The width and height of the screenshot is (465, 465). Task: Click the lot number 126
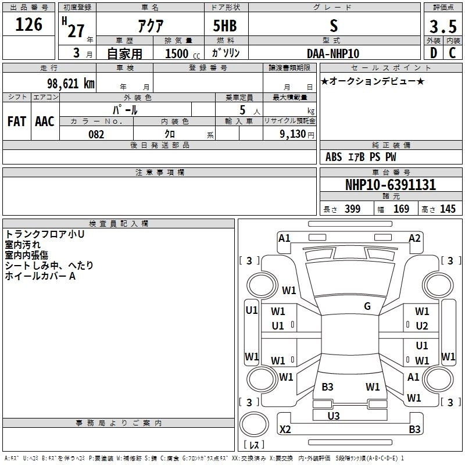pyautogui.click(x=28, y=24)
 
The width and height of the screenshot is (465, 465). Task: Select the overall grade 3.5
pyautogui.click(x=443, y=26)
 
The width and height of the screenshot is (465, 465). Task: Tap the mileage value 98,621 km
pyautogui.click(x=71, y=83)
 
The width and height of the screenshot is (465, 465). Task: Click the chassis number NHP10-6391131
pyautogui.click(x=391, y=184)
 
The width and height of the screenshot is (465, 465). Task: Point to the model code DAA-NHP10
pyautogui.click(x=333, y=53)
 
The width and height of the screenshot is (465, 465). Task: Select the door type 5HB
pyautogui.click(x=225, y=26)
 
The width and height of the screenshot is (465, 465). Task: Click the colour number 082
pyautogui.click(x=96, y=134)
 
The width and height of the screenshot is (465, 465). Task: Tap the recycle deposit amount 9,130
pyautogui.click(x=293, y=134)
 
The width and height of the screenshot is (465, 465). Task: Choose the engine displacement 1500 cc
pyautogui.click(x=183, y=53)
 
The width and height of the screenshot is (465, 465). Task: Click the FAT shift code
pyautogui.click(x=17, y=121)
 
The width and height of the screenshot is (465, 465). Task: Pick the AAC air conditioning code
pyautogui.click(x=45, y=121)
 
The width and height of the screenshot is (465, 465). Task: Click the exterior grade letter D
pyautogui.click(x=434, y=53)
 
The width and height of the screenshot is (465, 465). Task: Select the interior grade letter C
pyautogui.click(x=452, y=53)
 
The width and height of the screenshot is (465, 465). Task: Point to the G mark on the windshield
pyautogui.click(x=367, y=306)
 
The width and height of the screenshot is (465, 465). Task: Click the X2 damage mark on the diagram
pyautogui.click(x=285, y=429)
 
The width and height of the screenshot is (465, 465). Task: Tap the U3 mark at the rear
pyautogui.click(x=333, y=416)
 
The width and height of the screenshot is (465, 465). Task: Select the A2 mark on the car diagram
pyautogui.click(x=414, y=238)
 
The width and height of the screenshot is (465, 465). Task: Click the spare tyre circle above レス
pyautogui.click(x=254, y=424)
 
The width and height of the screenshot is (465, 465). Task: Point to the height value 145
pyautogui.click(x=448, y=209)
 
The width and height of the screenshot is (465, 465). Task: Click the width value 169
pyautogui.click(x=401, y=209)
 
